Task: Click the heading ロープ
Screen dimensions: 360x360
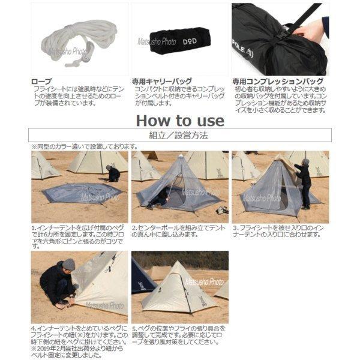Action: click(41, 80)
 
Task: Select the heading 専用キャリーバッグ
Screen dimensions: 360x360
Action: click(162, 80)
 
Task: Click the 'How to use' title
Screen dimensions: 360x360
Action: click(179, 120)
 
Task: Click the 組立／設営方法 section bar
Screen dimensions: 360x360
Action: click(179, 136)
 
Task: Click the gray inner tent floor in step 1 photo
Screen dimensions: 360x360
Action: click(77, 192)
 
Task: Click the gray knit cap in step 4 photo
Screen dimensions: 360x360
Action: click(68, 264)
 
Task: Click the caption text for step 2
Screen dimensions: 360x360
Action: click(179, 232)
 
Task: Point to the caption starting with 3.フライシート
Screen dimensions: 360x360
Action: click(279, 232)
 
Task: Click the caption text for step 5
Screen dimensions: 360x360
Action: click(179, 337)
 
